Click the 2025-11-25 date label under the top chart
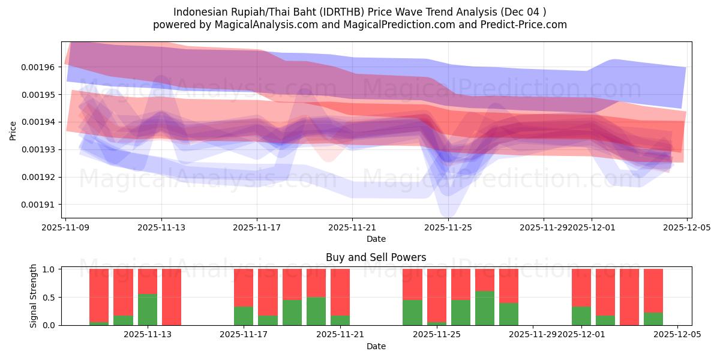tap(448, 227)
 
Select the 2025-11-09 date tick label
tap(65, 227)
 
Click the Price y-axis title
tap(13, 130)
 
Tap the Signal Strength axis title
tap(34, 296)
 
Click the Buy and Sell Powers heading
tap(376, 257)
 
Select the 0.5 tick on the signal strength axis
tap(50, 297)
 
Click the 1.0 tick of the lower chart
tap(50, 269)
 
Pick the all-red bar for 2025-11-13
tap(172, 297)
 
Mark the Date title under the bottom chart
tap(376, 346)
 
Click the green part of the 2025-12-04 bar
tap(653, 319)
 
